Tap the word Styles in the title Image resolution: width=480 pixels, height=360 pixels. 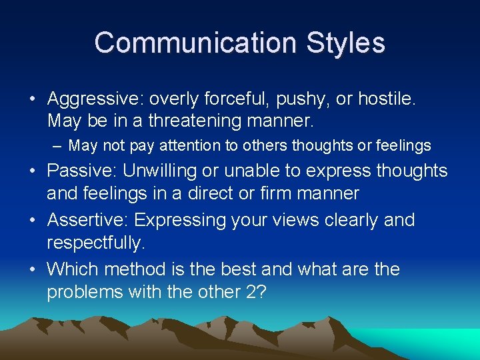pos(345,43)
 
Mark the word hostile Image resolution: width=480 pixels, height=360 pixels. pos(387,99)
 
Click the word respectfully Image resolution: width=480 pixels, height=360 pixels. pos(95,243)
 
